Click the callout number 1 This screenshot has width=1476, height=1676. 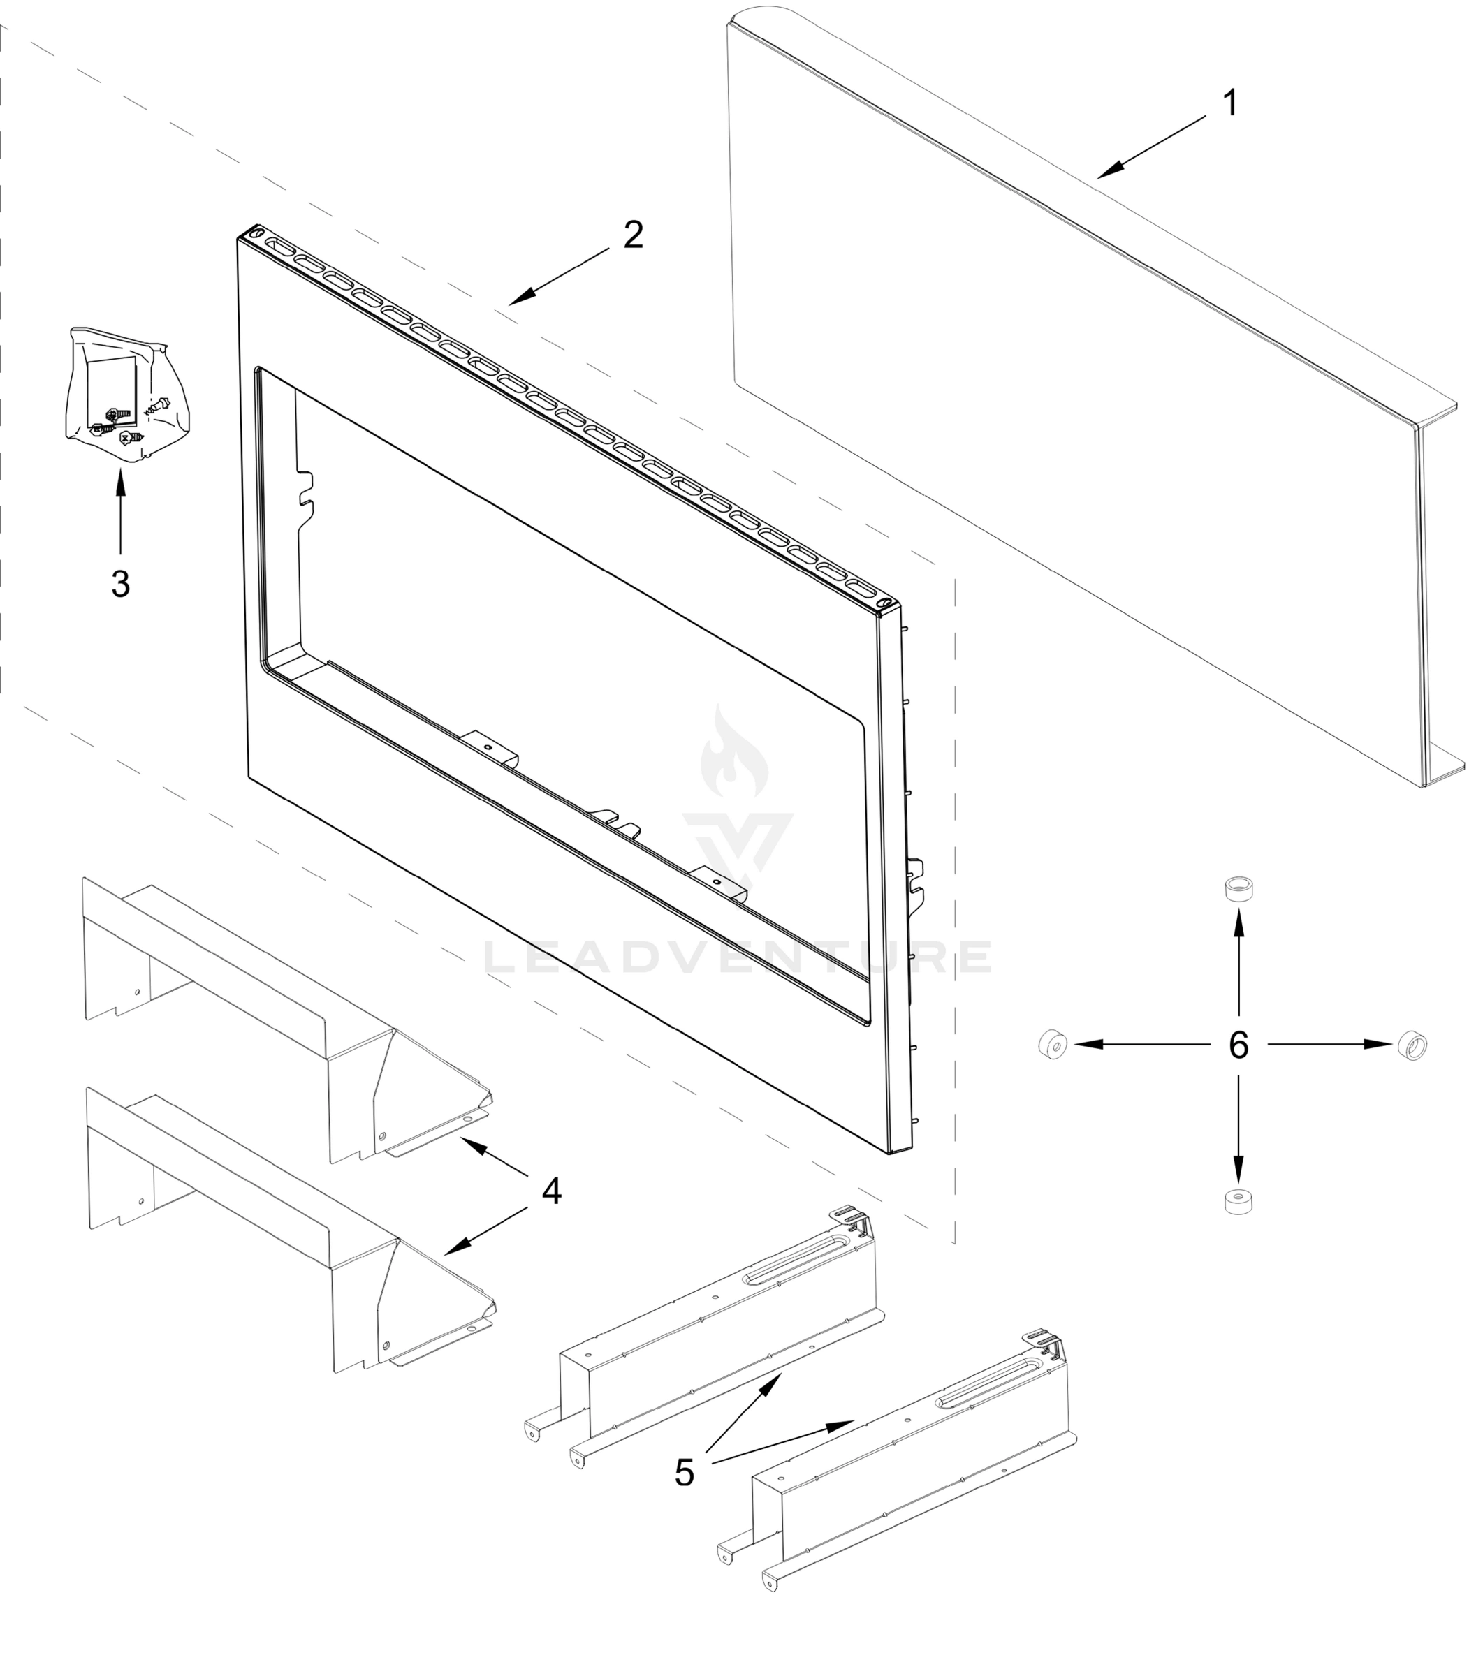pos(1229,103)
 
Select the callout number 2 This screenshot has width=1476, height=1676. pos(633,235)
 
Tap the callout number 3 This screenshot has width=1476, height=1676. pos(121,584)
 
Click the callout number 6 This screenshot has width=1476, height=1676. pos(1238,1045)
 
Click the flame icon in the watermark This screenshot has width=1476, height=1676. pos(734,753)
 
